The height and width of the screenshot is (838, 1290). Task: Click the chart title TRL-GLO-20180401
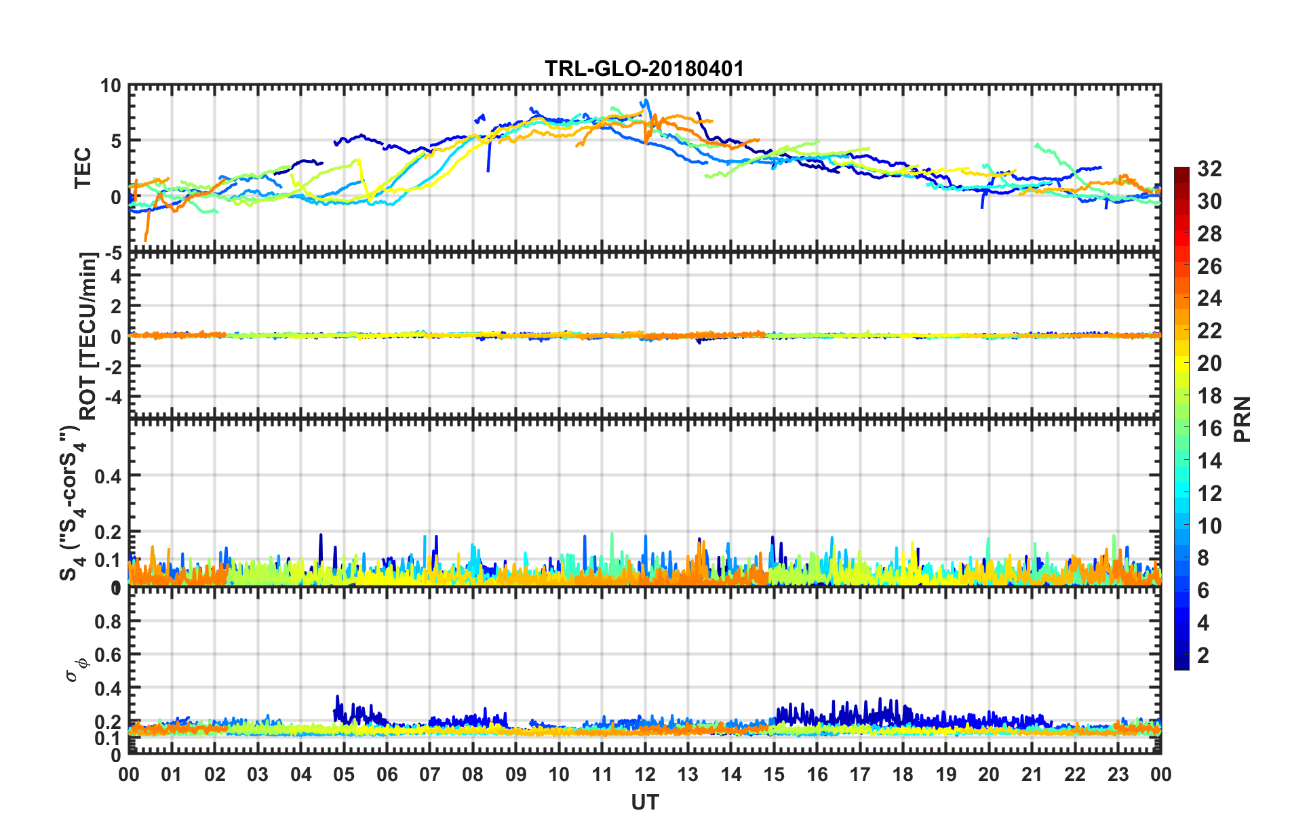(644, 68)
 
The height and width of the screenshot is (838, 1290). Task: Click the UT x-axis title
(644, 803)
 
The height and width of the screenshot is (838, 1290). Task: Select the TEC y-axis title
(82, 168)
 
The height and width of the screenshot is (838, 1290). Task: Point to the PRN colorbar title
(1243, 419)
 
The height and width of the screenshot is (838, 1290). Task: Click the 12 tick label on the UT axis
(645, 775)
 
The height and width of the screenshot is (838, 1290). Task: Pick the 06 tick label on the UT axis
(387, 775)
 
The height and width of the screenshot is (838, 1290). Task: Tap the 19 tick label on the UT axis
(946, 775)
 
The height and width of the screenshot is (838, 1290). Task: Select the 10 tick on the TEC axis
(110, 86)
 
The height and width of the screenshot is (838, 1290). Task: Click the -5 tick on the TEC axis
(111, 254)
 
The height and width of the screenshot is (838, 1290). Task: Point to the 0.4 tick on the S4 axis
(108, 477)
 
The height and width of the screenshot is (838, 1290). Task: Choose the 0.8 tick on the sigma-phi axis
(108, 622)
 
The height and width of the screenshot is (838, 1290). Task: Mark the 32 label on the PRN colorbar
(1209, 169)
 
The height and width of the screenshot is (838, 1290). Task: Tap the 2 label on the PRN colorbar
(1204, 656)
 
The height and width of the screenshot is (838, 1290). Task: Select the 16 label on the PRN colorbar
(1209, 428)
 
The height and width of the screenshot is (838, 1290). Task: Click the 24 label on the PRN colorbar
(1209, 298)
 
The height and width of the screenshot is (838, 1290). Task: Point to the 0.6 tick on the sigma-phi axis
(108, 655)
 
